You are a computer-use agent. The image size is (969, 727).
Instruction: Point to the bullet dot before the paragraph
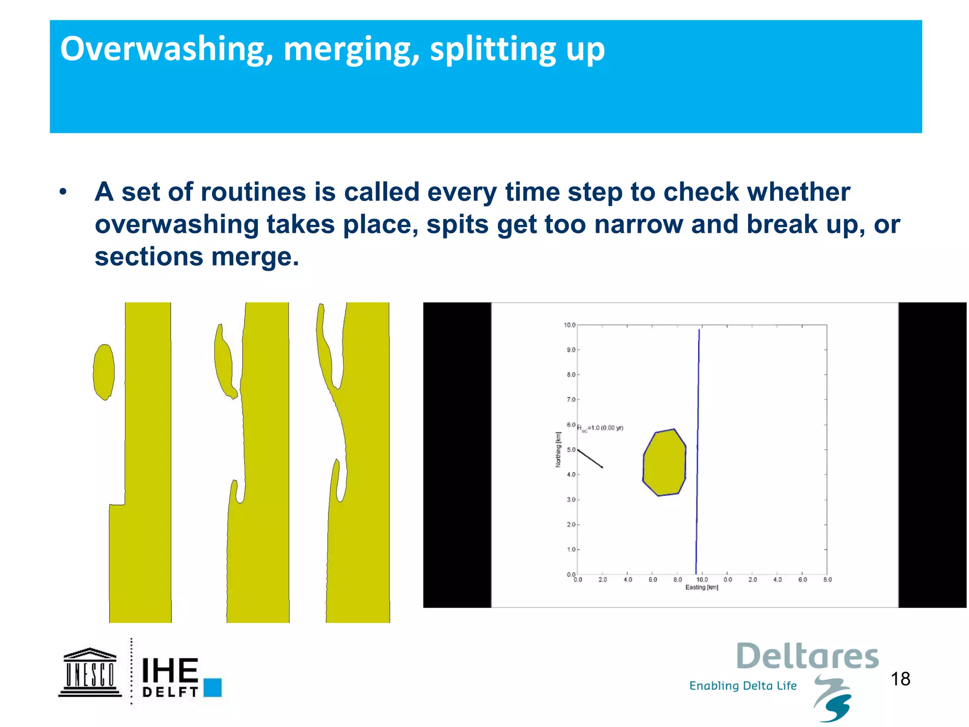[63, 192]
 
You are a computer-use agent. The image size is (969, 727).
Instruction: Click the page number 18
[900, 679]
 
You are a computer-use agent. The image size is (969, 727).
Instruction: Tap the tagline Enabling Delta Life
[743, 686]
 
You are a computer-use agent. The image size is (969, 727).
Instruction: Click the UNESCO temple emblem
[90, 672]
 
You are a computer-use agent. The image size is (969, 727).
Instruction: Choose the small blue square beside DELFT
[212, 687]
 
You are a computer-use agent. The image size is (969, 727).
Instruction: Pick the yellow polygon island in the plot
[664, 462]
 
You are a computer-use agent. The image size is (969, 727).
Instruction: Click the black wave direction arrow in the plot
[590, 458]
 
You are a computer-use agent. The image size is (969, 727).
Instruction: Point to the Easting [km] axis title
[702, 587]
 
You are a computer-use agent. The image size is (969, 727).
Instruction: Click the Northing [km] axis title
[558, 450]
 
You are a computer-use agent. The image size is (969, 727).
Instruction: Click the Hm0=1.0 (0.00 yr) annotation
[600, 428]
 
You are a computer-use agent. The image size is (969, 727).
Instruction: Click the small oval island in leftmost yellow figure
[104, 372]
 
